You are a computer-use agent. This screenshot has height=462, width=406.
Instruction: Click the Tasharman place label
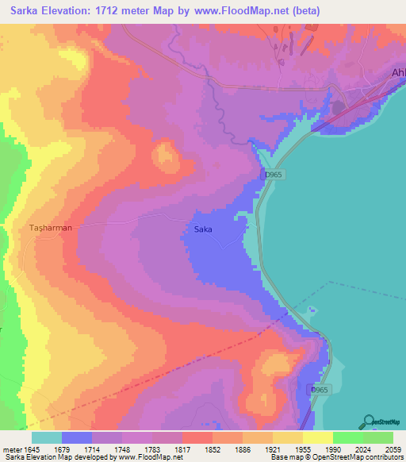pos(51,228)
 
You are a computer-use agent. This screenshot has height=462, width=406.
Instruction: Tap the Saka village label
pos(204,230)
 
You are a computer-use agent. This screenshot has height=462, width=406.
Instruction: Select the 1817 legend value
pos(182,450)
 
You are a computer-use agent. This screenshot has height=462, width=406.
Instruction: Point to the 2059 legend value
pos(393,450)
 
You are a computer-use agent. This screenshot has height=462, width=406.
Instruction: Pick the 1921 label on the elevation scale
pos(273,450)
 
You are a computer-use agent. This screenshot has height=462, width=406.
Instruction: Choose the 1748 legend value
pos(122,450)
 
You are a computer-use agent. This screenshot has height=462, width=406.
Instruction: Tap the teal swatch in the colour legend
pos(47,437)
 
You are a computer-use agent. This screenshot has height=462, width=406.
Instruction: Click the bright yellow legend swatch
pos(318,437)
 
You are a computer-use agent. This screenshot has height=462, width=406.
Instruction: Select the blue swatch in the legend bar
pos(77,437)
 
